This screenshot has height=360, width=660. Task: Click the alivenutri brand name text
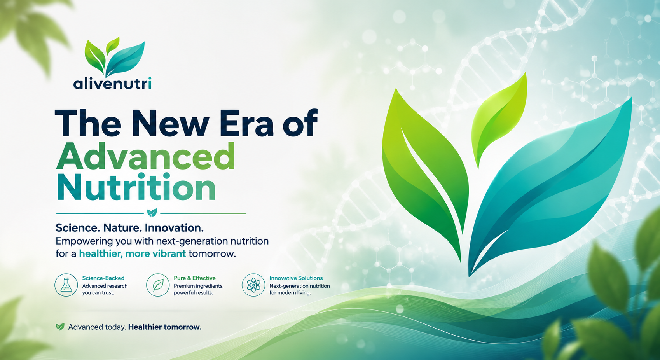point(112,83)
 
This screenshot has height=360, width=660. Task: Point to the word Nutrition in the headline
point(136,187)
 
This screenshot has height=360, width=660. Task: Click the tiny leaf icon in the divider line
point(152,212)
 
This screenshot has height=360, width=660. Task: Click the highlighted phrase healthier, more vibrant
point(132,253)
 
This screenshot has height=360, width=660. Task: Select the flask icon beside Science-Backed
point(66,285)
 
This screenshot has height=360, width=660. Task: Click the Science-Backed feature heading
point(103,278)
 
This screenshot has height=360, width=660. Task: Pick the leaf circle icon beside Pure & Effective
point(158,285)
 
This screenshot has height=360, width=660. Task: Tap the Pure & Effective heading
point(194,278)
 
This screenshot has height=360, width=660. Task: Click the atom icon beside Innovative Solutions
point(253,285)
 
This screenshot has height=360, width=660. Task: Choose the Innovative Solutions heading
point(296,278)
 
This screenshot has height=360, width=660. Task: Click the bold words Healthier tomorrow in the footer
point(165,327)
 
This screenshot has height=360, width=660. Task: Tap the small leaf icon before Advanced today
point(60,327)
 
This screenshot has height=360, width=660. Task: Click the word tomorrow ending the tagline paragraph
point(212,253)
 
